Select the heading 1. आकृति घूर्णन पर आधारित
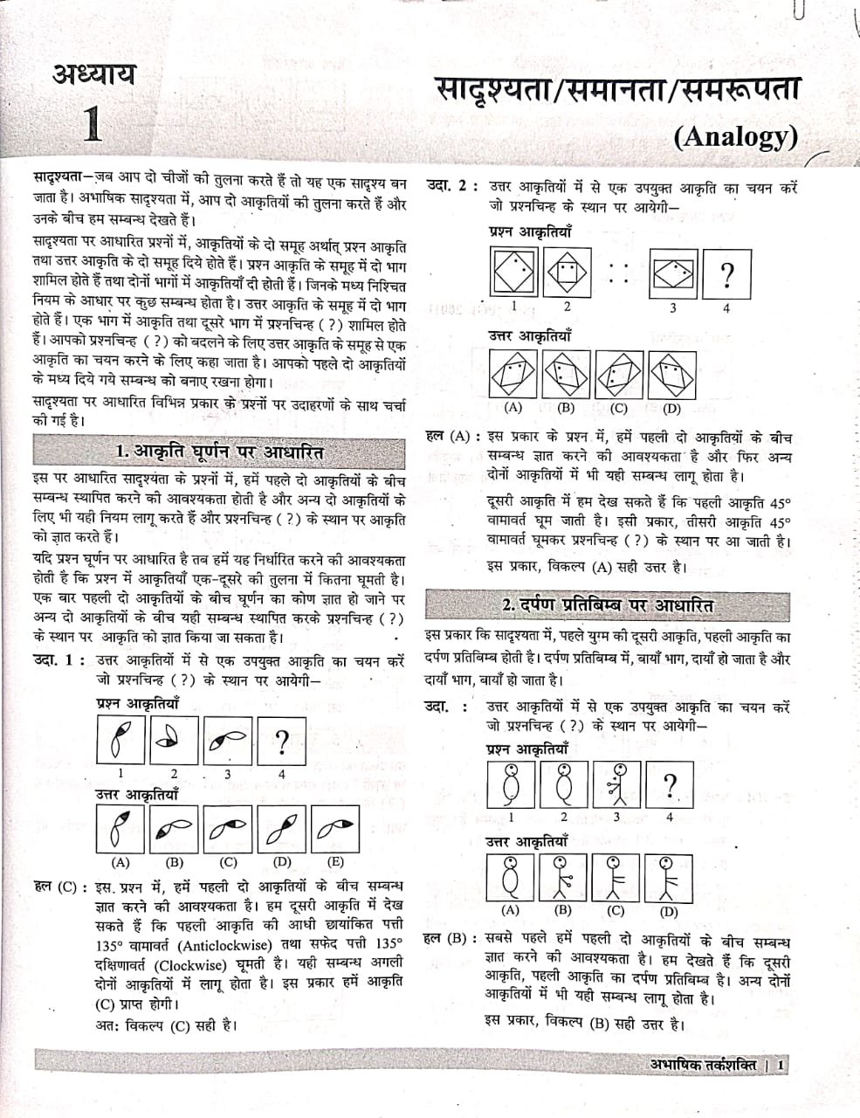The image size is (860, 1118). pyautogui.click(x=219, y=452)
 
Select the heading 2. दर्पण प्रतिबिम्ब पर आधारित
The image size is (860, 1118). pyautogui.click(x=608, y=605)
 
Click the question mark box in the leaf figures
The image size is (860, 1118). pyautogui.click(x=281, y=742)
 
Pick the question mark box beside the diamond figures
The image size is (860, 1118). pyautogui.click(x=726, y=275)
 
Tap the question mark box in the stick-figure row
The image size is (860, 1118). pyautogui.click(x=669, y=788)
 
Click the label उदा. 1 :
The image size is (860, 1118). pyautogui.click(x=58, y=660)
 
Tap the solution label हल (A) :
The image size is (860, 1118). pyautogui.click(x=451, y=436)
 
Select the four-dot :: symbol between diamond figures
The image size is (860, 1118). pyautogui.click(x=619, y=273)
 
